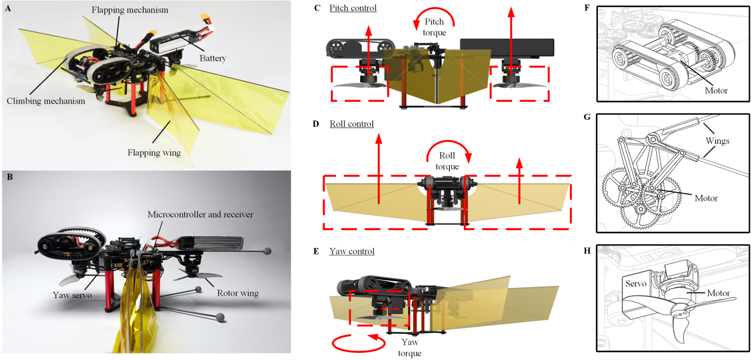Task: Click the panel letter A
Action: tap(8, 8)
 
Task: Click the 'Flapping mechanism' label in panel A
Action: tap(130, 10)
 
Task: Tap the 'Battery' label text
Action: tap(213, 58)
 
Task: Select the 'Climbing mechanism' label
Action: tap(46, 101)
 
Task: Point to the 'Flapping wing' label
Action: tap(154, 153)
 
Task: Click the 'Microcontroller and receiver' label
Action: tap(200, 215)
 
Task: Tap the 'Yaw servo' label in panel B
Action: tap(73, 295)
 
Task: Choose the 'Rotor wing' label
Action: tap(238, 293)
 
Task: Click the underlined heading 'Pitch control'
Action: tap(353, 8)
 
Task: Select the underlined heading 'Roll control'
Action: tap(352, 124)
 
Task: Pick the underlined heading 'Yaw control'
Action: tap(352, 252)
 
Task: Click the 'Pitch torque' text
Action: tap(435, 27)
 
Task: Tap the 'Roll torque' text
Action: tap(447, 161)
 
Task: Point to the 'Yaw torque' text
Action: tap(409, 347)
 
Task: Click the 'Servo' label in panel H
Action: tap(635, 284)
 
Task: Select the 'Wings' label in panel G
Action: tap(718, 141)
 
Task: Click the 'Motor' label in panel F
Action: tap(716, 91)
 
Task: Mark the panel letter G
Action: tap(586, 117)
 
